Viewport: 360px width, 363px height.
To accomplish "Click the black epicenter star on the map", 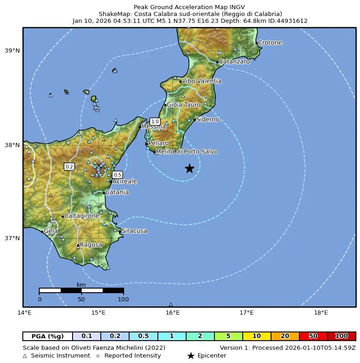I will [189, 168].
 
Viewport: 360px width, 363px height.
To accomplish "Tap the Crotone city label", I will [270, 43].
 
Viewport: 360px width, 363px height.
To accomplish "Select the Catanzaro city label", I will [234, 62].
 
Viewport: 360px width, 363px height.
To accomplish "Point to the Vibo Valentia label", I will [201, 81].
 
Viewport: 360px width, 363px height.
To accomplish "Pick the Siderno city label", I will [208, 120].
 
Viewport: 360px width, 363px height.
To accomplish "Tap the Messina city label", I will [153, 127].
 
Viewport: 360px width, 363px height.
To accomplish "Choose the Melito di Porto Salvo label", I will [187, 152].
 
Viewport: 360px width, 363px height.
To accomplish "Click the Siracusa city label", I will [134, 231].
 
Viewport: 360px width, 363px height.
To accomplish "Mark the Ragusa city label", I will [91, 245].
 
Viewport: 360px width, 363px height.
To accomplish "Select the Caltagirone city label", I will [82, 216].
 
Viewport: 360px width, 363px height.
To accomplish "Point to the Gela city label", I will [51, 231].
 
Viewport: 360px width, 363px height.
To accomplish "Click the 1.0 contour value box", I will [155, 121].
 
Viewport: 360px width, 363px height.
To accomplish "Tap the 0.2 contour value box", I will [69, 167].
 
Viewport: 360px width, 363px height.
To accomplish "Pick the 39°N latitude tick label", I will [12, 51].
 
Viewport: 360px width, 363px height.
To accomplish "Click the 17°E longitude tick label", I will [247, 313].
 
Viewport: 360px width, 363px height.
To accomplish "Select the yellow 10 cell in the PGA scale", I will [257, 336].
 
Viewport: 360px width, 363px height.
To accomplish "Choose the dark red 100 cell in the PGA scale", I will [341, 336].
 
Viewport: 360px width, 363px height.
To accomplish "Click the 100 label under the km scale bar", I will [123, 300].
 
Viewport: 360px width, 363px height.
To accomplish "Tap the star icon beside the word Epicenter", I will [191, 356].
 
